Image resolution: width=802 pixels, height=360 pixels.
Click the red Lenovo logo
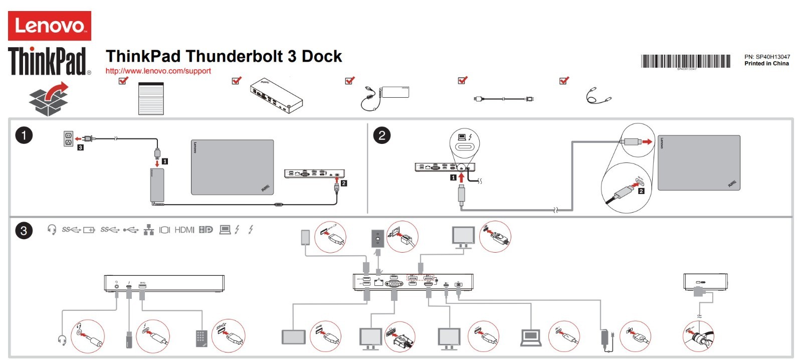point(49,26)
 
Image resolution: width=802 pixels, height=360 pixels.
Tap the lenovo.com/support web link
point(158,71)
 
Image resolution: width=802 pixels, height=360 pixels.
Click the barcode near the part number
point(685,61)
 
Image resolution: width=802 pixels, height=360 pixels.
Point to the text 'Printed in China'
point(766,64)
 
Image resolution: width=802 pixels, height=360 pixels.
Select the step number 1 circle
point(24,135)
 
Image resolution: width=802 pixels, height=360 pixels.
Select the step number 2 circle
point(381,135)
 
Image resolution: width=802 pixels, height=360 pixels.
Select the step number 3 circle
point(24,231)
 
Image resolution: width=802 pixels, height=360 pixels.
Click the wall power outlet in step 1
point(68,139)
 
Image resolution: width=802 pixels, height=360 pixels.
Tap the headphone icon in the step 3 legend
point(52,230)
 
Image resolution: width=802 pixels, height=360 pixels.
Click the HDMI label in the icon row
point(184,230)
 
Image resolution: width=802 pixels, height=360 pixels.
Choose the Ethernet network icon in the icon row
point(148,230)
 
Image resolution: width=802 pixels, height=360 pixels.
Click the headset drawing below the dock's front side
point(63,339)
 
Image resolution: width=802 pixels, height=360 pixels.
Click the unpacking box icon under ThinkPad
point(49,99)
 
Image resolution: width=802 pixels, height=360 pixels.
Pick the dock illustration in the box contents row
point(276,95)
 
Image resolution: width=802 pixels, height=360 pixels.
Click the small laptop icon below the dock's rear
point(531,337)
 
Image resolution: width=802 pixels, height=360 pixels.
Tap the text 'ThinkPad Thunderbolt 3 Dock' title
point(224,56)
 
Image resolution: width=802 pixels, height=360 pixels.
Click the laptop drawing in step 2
point(699,163)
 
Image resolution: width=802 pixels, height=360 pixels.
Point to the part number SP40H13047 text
point(767,57)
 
